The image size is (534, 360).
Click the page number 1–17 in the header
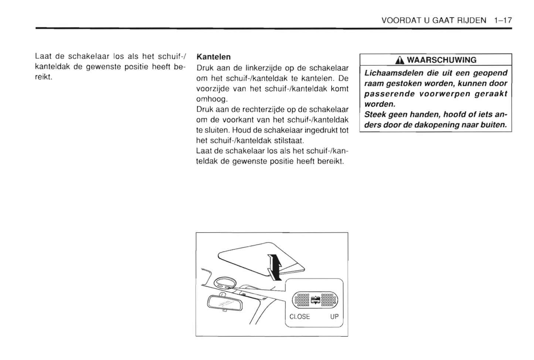point(503,20)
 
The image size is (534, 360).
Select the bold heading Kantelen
point(214,57)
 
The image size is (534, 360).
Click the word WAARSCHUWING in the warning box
point(442,60)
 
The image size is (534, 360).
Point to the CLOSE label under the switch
point(299,316)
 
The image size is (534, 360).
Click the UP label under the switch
point(334,316)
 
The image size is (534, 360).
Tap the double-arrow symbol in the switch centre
point(315,300)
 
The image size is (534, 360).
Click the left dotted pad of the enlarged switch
point(302,299)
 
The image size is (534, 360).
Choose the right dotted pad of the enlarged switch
point(329,299)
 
